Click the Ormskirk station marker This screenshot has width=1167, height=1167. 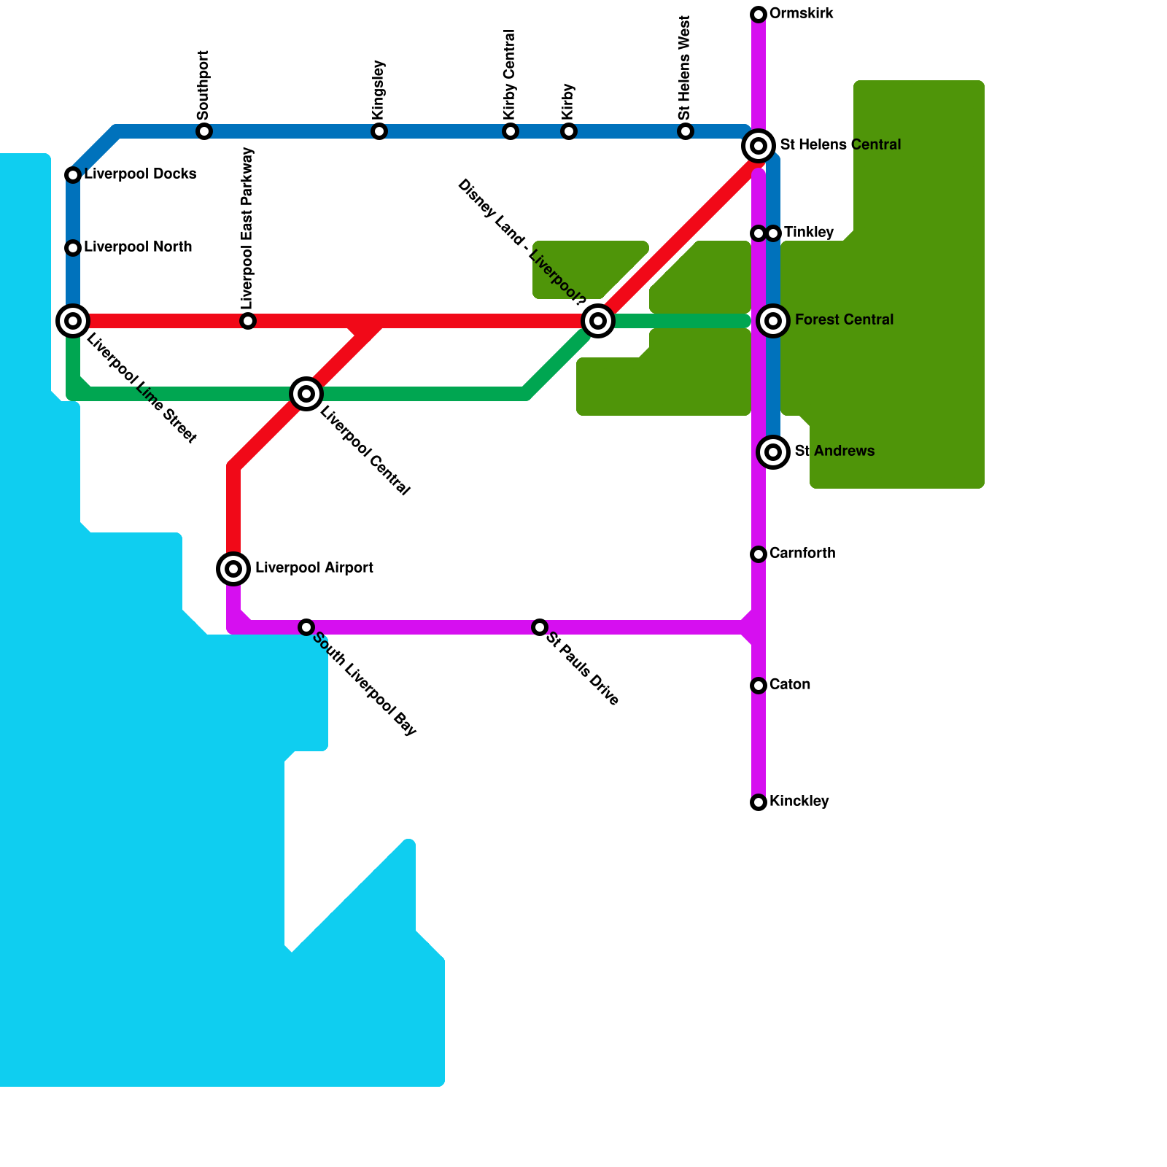coord(759,15)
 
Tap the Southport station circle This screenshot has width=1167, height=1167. coord(204,131)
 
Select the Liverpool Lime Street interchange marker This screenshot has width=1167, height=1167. coord(73,320)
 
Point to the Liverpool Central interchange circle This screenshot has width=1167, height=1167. coord(306,394)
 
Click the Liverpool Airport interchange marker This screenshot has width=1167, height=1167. coord(233,568)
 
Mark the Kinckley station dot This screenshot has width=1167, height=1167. coord(759,802)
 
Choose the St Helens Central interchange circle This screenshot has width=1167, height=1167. coord(759,146)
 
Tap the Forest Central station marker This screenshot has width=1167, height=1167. coord(773,320)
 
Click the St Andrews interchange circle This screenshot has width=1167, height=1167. coord(773,452)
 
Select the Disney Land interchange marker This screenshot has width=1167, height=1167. coord(598,320)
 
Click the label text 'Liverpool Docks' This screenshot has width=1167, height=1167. coord(140,174)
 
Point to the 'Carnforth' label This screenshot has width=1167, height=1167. coord(802,554)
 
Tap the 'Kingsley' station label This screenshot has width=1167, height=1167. coord(379,90)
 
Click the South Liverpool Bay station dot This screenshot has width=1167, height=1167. coord(306,627)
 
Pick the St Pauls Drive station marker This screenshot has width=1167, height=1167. coord(540,627)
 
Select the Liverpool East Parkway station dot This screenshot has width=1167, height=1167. coord(248,321)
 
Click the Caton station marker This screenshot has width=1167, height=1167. coord(759,686)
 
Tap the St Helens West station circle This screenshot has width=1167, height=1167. coord(686,131)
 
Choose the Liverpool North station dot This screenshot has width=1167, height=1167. coord(73,248)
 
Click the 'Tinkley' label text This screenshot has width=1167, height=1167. coord(808,233)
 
